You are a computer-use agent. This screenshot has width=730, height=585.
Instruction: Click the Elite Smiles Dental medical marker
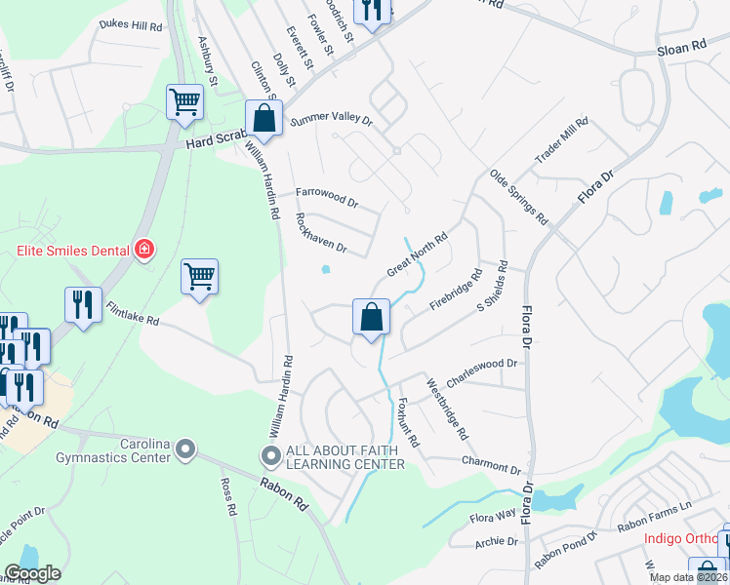143,251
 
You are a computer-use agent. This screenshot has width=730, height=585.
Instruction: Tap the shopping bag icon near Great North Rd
371,317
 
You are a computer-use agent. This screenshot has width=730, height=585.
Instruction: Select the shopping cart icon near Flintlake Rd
199,277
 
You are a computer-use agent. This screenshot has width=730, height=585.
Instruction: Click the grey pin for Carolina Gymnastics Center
186,451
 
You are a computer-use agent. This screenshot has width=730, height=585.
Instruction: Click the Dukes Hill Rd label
132,26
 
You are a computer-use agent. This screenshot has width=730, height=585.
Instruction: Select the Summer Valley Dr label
332,122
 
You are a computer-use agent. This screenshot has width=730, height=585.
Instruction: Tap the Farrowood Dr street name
328,199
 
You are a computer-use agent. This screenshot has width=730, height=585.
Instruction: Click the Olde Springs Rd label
518,198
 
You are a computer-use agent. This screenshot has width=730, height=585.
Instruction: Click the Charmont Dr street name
492,462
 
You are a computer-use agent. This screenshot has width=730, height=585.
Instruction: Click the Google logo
32,573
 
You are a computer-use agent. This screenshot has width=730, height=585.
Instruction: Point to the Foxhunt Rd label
408,422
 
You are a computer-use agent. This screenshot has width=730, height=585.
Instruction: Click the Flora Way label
493,516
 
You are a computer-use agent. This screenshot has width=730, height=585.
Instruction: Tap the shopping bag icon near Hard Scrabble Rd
264,120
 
